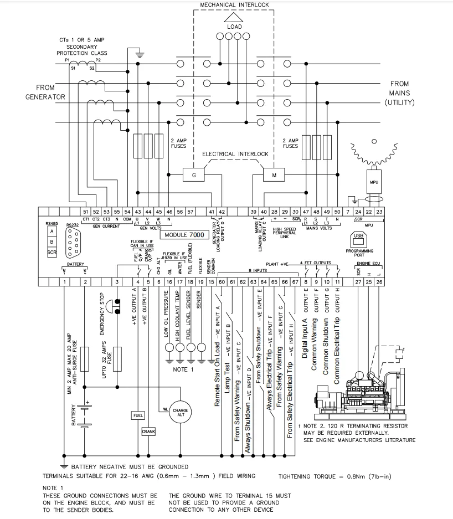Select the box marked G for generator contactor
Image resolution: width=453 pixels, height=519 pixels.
[x=194, y=174]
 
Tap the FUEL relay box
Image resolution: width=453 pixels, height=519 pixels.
[x=138, y=415]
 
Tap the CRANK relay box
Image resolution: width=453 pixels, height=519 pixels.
[x=148, y=431]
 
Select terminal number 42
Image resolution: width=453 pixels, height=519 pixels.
[x=222, y=212]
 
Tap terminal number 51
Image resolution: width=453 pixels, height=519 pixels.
[x=85, y=212]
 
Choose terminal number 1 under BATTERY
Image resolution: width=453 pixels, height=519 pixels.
[x=65, y=282]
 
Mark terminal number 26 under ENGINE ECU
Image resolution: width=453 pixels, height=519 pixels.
[x=379, y=282]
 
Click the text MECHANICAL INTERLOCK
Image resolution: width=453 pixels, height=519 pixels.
[x=234, y=4]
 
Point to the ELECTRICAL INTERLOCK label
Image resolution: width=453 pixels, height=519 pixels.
[x=235, y=153]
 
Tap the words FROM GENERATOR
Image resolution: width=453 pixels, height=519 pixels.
[x=45, y=92]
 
